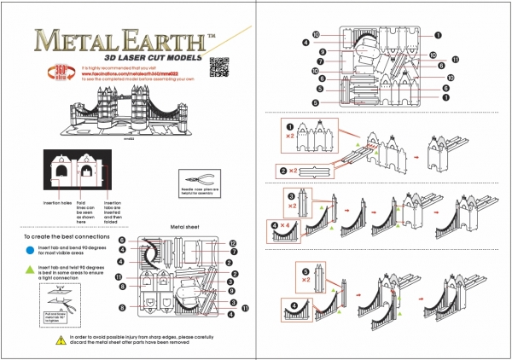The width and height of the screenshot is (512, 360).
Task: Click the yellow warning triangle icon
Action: coord(59,340)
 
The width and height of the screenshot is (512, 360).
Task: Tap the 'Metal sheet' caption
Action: coord(185,228)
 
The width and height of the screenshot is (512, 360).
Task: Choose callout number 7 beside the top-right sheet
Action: coord(321,61)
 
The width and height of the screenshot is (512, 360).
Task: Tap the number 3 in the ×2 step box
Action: coord(305,196)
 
